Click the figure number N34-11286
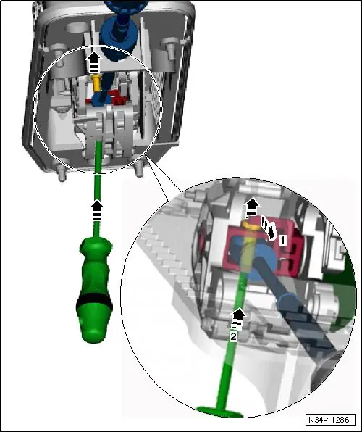[329, 420]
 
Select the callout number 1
[282, 240]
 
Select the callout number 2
[233, 336]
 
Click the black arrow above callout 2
[238, 318]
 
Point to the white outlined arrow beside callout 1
[269, 228]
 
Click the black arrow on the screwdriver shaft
[96, 210]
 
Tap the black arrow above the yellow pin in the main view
[94, 63]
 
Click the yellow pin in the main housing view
[96, 83]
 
